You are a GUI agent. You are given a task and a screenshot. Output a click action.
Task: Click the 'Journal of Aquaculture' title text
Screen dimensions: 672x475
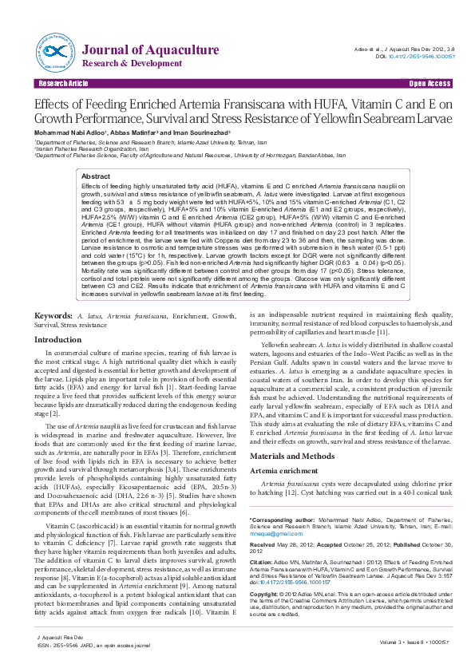click(x=151, y=50)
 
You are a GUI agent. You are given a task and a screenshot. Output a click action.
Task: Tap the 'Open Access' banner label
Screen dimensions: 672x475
click(x=430, y=83)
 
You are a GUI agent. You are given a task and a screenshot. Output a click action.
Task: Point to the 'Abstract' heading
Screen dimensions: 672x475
click(x=96, y=176)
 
